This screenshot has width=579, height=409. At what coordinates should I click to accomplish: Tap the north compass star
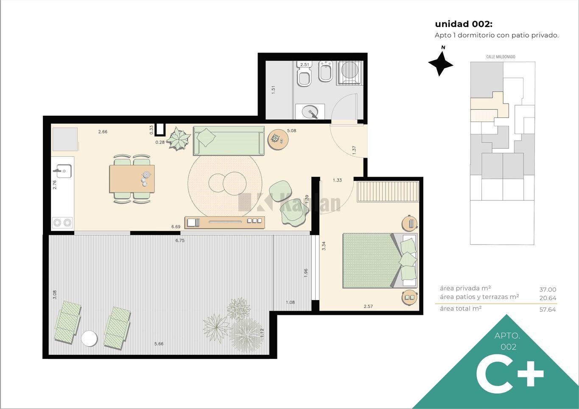pyautogui.click(x=440, y=64)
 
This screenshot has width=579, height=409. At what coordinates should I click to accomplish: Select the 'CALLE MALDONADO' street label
pyautogui.click(x=501, y=57)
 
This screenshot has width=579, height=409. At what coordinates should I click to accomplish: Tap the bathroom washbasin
pyautogui.click(x=310, y=111)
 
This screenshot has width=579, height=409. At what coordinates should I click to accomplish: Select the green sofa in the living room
pyautogui.click(x=229, y=141)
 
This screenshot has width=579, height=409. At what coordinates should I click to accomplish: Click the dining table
pyautogui.click(x=132, y=179)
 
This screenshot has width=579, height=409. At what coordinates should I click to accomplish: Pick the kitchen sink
pyautogui.click(x=63, y=171)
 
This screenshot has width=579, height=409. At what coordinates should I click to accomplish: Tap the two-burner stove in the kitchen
pyautogui.click(x=62, y=223)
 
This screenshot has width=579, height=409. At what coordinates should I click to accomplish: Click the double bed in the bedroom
pyautogui.click(x=380, y=261)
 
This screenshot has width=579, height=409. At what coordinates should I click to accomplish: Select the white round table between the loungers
pyautogui.click(x=89, y=338)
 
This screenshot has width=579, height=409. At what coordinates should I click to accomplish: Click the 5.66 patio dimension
pyautogui.click(x=159, y=344)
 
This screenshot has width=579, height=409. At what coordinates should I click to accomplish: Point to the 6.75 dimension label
pyautogui.click(x=180, y=240)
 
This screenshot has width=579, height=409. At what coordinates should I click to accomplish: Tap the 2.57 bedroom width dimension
pyautogui.click(x=368, y=306)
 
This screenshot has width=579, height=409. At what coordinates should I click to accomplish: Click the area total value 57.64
pyautogui.click(x=548, y=309)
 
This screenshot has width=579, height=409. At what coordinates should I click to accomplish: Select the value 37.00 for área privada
pyautogui.click(x=548, y=289)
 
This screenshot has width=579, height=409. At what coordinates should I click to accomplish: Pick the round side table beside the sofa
pyautogui.click(x=278, y=139)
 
